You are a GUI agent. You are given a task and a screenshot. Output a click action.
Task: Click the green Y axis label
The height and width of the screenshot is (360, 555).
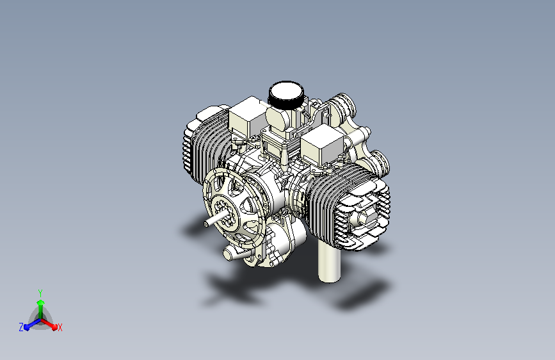coord(40,293)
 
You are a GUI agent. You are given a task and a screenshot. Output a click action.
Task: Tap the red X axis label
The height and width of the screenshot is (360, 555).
coord(60,327)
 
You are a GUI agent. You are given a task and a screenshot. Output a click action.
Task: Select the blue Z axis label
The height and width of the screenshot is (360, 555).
coord(21,327)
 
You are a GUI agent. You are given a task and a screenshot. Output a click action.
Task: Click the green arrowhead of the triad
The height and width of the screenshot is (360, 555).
coord(41,303)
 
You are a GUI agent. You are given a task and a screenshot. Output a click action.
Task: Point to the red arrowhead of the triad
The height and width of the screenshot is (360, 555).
coord(54,326)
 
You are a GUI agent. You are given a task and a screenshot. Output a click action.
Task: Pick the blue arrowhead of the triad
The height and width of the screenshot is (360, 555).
coord(27,327)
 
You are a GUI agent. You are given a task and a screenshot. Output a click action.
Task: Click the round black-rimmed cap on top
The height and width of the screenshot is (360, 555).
coord(286,94)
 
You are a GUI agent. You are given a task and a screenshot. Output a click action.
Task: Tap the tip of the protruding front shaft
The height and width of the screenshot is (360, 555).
coord(206,224)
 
